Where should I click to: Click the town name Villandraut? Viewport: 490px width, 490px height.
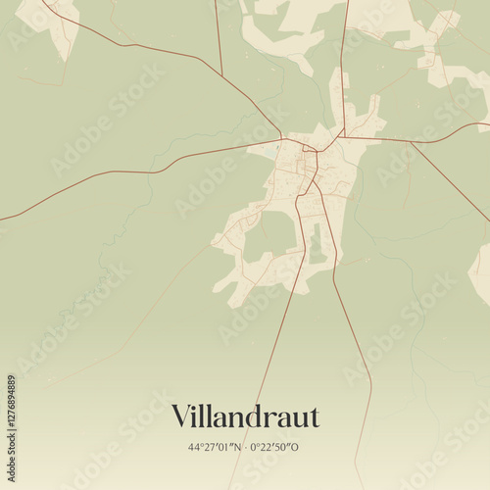[245, 416]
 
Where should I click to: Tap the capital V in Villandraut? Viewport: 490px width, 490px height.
[181, 416]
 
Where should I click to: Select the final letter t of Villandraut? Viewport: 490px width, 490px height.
[314, 417]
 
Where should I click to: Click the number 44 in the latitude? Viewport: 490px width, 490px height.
[194, 448]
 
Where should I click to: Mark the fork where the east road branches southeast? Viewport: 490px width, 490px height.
[410, 142]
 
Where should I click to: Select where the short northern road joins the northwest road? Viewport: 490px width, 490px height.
[222, 75]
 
